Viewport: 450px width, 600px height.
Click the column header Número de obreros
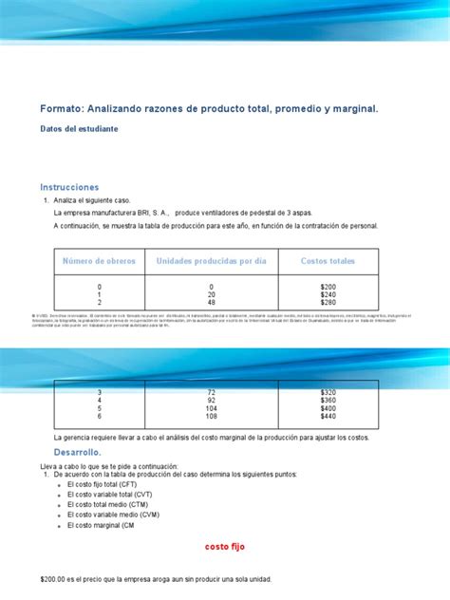point(99,260)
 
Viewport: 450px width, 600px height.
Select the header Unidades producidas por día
point(211,260)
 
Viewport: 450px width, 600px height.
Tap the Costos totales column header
point(328,260)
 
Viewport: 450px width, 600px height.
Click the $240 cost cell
point(328,294)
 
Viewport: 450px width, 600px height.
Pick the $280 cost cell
point(328,303)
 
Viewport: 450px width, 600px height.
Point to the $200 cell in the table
point(328,286)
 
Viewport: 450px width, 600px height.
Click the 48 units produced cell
point(211,303)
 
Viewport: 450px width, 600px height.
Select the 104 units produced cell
point(211,407)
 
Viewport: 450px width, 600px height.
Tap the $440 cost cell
point(328,416)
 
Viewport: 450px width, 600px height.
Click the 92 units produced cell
point(211,399)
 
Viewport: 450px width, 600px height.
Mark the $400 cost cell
point(328,407)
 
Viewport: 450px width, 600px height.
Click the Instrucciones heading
point(69,186)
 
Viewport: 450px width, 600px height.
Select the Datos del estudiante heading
point(79,128)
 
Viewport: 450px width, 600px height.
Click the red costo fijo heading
point(225,546)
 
